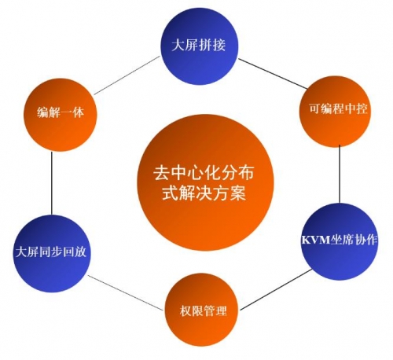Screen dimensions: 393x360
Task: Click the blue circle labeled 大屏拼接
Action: tap(200, 46)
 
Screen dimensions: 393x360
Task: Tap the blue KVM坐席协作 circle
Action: tap(340, 241)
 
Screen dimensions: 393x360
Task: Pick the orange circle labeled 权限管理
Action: tap(202, 310)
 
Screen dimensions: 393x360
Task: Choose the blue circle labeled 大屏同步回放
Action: tap(52, 253)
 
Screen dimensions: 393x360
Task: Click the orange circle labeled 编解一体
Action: tap(61, 115)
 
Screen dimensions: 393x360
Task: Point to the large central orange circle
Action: tap(206, 183)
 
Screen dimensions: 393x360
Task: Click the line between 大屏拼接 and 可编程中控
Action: tap(273, 73)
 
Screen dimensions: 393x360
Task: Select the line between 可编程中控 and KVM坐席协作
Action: tap(340, 174)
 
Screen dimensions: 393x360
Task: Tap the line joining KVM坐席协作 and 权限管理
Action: tap(276, 289)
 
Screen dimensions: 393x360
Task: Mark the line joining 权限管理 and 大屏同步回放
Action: tap(125, 292)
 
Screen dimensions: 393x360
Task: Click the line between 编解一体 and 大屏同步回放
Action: tap(52, 183)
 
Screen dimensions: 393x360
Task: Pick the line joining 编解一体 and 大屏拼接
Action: tap(127, 75)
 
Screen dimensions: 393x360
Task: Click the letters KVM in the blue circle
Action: tap(315, 241)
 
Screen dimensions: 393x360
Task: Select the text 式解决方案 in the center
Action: tap(204, 193)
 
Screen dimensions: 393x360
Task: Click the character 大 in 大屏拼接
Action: tap(178, 45)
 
